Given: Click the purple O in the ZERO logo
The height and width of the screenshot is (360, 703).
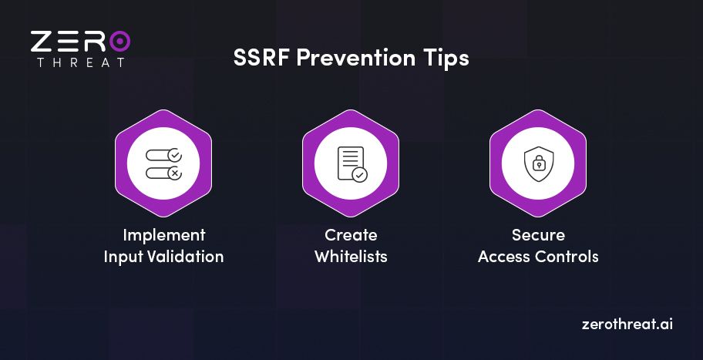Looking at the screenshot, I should [x=119, y=41].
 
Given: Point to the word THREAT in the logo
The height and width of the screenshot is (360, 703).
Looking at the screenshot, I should [x=80, y=62].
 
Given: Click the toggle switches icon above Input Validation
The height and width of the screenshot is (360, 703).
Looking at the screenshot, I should [x=163, y=163].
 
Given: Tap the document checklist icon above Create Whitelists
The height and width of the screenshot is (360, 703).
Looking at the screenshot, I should [x=351, y=163].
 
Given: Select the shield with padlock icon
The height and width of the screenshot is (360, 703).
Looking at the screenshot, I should [x=537, y=163].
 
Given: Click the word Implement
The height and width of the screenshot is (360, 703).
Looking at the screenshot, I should [x=163, y=235].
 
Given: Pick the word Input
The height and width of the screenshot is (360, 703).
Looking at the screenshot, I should [x=123, y=257].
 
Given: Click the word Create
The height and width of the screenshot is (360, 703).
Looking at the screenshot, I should [x=351, y=235].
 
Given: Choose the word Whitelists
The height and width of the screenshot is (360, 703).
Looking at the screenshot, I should [x=351, y=257].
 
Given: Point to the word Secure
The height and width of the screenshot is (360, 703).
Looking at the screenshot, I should [x=538, y=235].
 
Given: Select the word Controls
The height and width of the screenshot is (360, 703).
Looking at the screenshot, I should [x=569, y=257].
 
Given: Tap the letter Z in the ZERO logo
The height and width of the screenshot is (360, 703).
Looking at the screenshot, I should [x=42, y=41].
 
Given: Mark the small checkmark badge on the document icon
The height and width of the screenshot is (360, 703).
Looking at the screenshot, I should [x=360, y=175].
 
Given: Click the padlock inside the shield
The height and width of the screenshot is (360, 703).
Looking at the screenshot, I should [x=537, y=165].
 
